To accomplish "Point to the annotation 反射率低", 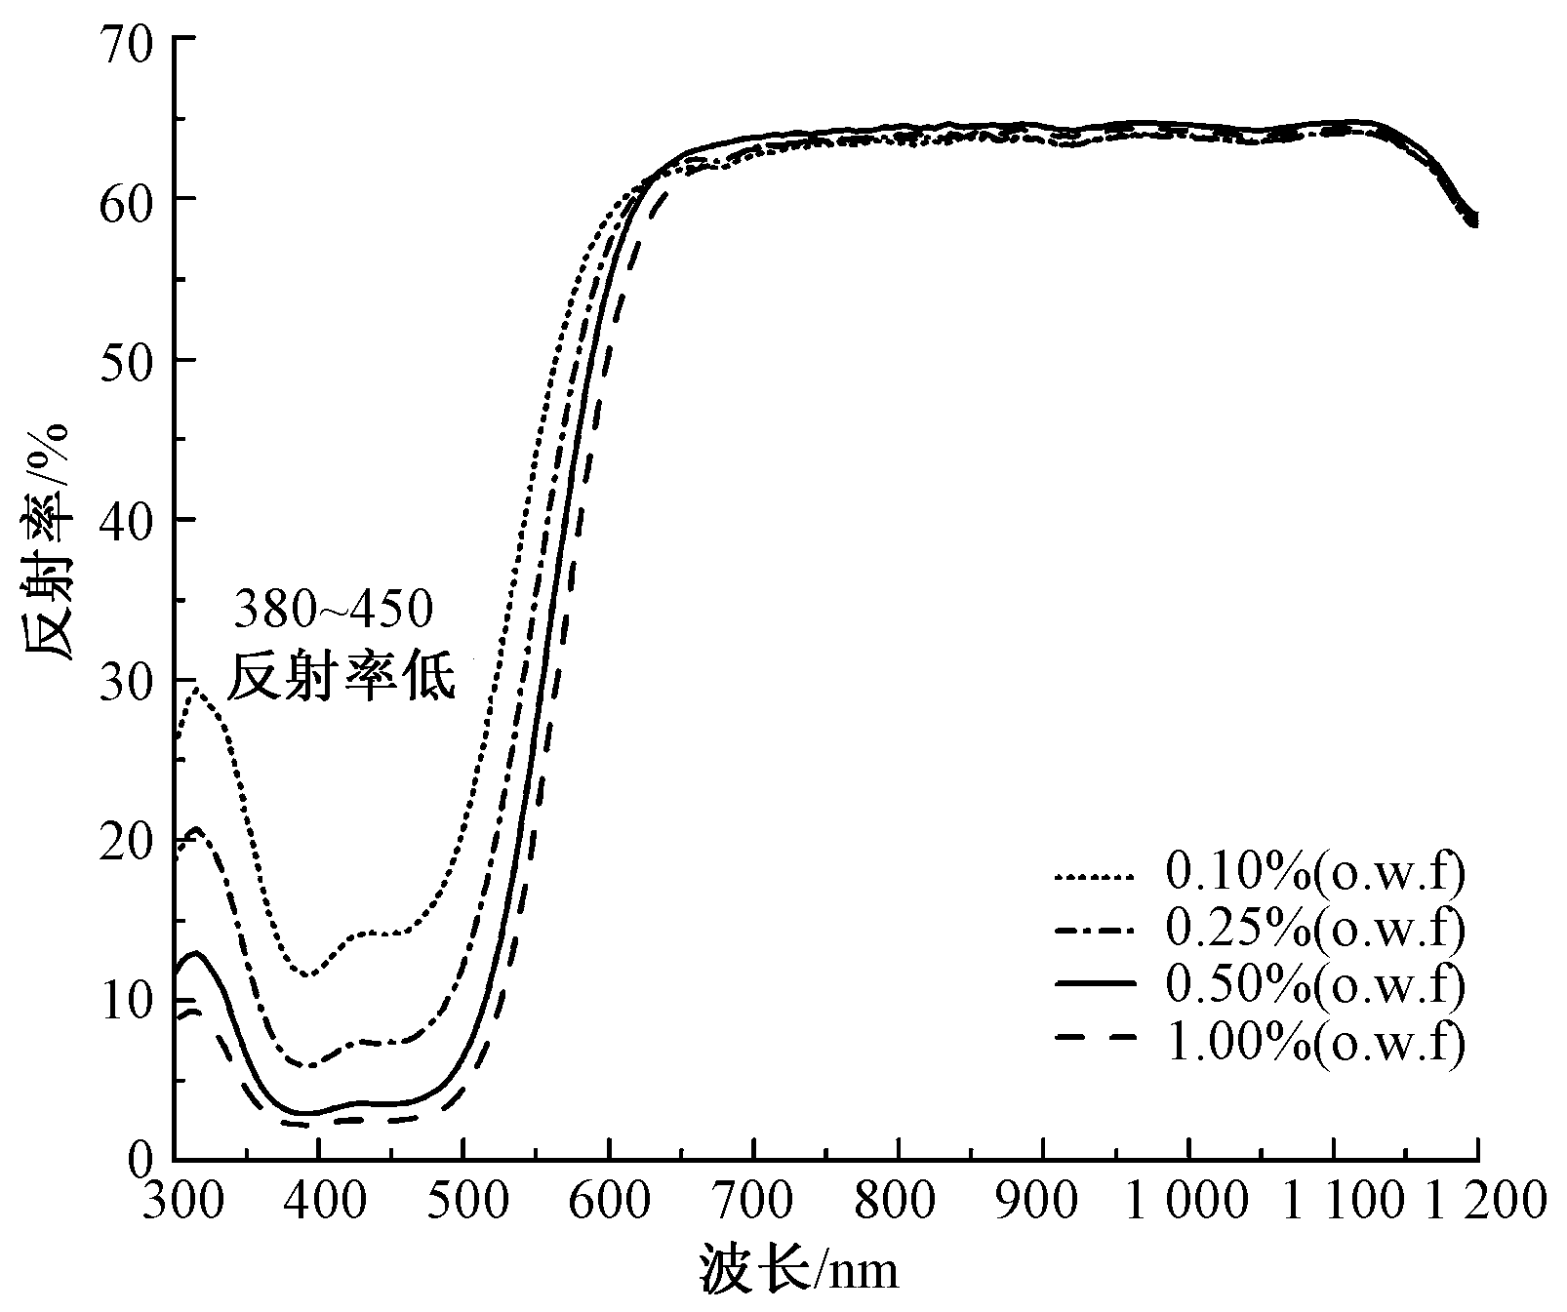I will click(x=342, y=677).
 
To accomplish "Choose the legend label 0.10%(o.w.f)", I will click(x=1315, y=873).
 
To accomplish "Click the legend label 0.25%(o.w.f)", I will click(x=1315, y=930).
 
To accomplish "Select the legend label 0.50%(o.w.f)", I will click(x=1315, y=986).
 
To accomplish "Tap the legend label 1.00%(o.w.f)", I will click(x=1315, y=1043).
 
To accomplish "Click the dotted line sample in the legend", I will click(x=1094, y=877).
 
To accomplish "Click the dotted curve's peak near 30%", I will click(x=198, y=690).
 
